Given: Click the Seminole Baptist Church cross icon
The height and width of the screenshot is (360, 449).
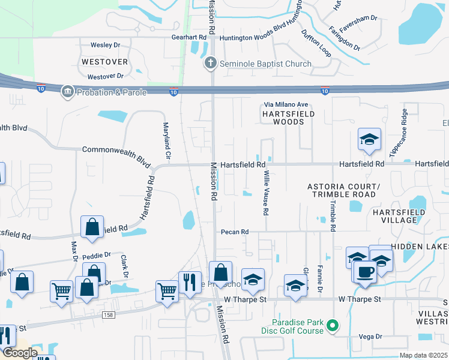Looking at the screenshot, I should coord(211,64).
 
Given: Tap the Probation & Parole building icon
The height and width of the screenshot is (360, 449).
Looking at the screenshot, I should coord(67,91).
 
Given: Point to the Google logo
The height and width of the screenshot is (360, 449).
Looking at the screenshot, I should coord(20,353).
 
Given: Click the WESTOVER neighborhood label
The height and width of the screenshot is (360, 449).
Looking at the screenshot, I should coord(104,62).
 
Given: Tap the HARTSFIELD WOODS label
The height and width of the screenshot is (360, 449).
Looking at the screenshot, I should coord(282,117).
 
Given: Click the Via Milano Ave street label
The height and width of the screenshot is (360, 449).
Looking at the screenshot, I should coord(285,104).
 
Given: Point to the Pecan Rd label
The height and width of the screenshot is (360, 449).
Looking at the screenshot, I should coord(235,232).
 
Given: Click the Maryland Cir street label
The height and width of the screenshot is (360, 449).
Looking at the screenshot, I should coord(167,142).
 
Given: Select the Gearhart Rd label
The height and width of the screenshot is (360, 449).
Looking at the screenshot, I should coord(188,37).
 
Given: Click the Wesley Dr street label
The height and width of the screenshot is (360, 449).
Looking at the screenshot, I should coord(105,45).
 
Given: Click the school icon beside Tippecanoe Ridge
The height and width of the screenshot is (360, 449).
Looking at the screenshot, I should coord(370,139).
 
